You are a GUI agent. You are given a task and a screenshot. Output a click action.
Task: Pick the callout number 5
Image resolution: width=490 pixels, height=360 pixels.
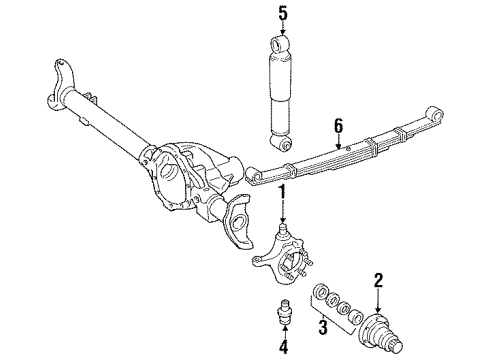pos(283,14)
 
